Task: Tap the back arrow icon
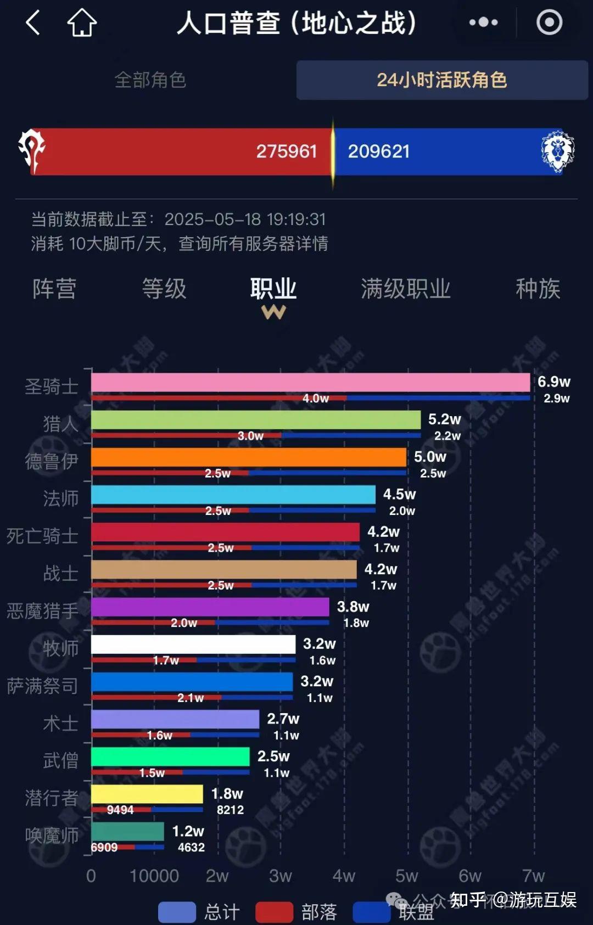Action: click(33, 23)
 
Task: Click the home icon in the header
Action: click(82, 23)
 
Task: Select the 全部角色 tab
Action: click(150, 80)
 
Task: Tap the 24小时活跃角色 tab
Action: click(442, 80)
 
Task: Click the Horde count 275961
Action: click(287, 151)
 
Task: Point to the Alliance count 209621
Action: click(379, 151)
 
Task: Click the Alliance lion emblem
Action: click(557, 151)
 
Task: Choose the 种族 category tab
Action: click(538, 289)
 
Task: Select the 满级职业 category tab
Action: click(405, 289)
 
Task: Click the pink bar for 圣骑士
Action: click(310, 383)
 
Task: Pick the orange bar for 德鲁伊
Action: click(249, 457)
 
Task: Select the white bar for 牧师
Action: click(193, 644)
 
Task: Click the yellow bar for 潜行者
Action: click(147, 794)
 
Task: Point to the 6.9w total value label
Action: click(553, 382)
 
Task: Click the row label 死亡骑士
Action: click(42, 536)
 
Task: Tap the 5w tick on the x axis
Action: click(407, 876)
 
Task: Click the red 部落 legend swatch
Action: click(274, 912)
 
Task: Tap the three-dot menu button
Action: click(483, 23)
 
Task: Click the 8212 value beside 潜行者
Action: click(230, 810)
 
